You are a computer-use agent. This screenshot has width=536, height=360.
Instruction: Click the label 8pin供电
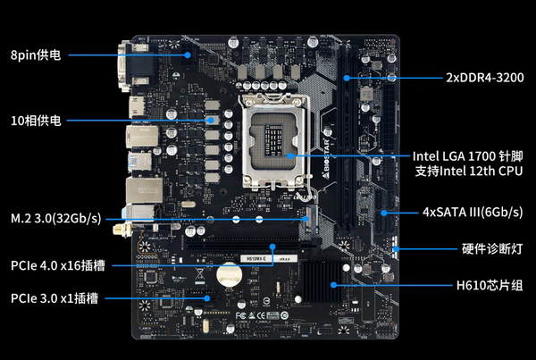point(36,54)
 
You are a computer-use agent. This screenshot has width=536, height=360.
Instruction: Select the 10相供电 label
point(36,121)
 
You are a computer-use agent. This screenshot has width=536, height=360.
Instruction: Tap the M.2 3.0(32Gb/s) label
point(56,218)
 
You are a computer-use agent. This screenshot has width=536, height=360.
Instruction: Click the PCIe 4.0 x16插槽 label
point(58,265)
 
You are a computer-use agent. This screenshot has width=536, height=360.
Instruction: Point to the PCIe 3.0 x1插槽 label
point(54,298)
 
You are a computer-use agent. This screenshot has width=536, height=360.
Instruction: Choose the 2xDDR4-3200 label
point(485,78)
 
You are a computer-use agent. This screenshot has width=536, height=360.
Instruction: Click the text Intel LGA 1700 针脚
point(467,156)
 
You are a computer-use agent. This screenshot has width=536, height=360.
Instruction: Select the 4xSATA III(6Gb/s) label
point(473,212)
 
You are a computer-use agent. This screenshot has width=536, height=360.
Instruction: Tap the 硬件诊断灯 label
point(492,248)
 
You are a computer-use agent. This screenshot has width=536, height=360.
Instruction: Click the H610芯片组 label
point(490,285)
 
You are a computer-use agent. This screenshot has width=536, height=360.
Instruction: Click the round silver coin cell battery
point(229,274)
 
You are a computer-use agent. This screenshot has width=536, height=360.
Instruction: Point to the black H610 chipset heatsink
point(322,282)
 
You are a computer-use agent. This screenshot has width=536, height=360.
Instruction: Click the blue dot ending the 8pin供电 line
point(188,54)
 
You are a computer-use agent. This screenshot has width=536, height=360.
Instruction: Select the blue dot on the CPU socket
point(289,156)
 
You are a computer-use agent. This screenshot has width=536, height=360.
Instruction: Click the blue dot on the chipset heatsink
point(333,285)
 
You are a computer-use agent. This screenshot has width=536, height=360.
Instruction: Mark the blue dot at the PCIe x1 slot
point(207,298)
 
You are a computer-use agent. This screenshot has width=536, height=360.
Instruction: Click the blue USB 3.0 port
point(139,162)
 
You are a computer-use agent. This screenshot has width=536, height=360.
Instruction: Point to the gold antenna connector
point(121,230)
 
